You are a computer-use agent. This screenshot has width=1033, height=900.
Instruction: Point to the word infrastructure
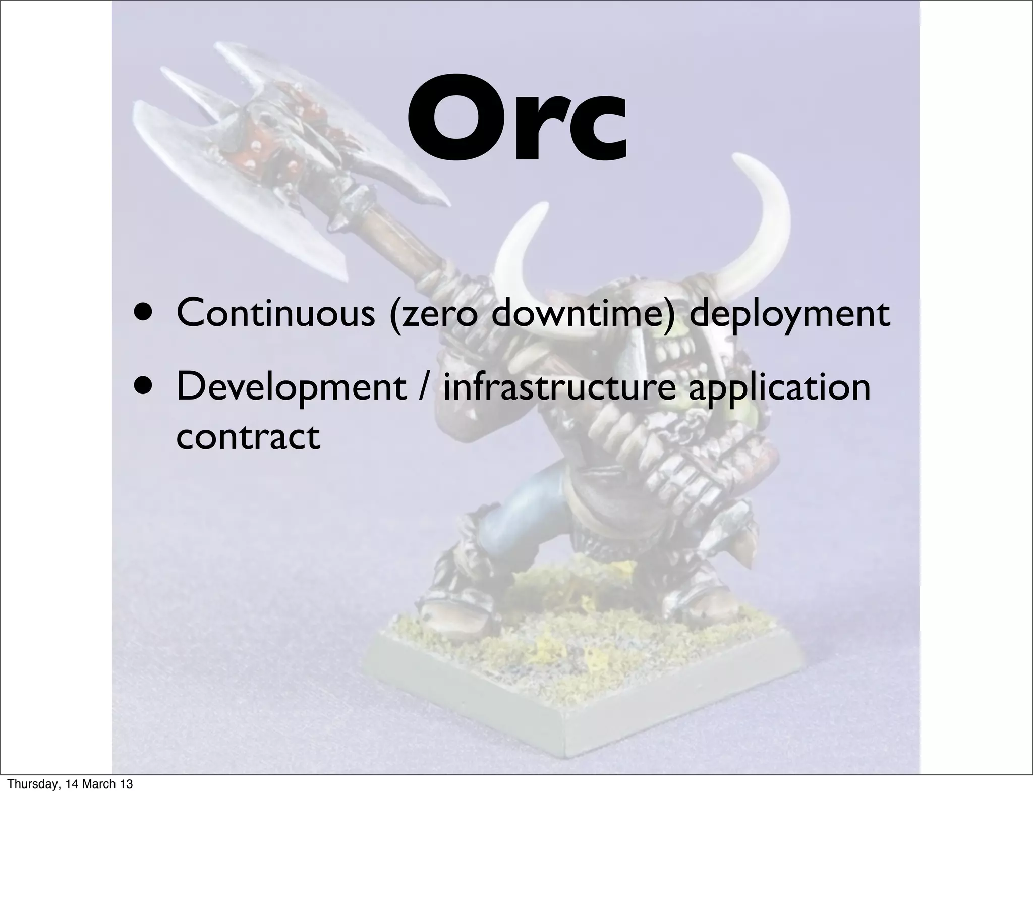click(559, 387)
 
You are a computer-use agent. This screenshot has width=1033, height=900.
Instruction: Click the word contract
click(248, 437)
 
